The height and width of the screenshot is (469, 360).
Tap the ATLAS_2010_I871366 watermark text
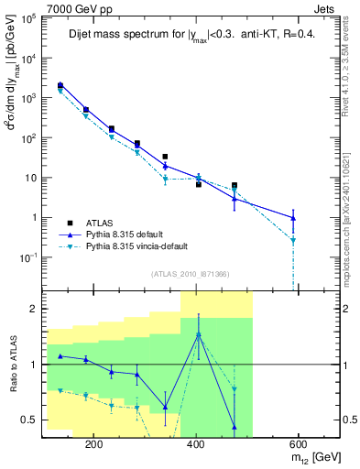pyautogui.click(x=191, y=274)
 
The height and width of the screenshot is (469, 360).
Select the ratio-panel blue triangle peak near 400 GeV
pyautogui.click(x=198, y=334)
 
